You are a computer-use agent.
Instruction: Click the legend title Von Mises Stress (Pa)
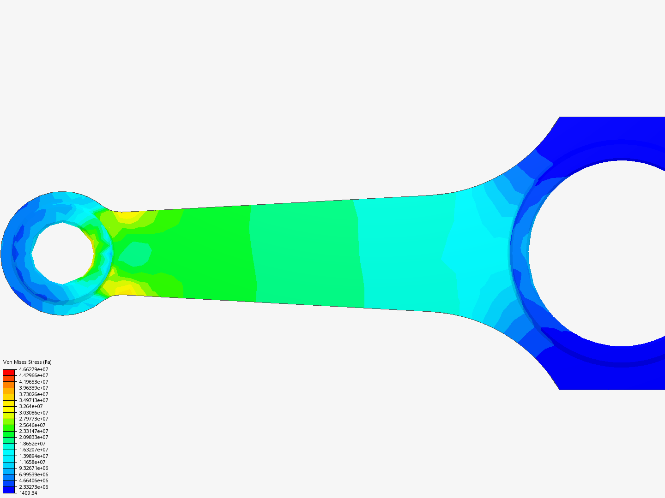pyautogui.click(x=27, y=362)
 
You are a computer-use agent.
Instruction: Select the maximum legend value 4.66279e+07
pyautogui.click(x=33, y=369)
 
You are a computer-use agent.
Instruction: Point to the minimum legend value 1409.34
pyautogui.click(x=28, y=493)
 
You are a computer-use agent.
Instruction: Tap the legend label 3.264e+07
pyautogui.click(x=30, y=406)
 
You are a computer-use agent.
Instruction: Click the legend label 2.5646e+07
pyautogui.click(x=32, y=425)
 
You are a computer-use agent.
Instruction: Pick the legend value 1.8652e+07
pyautogui.click(x=32, y=444)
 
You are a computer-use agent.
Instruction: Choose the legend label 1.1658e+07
pyautogui.click(x=32, y=462)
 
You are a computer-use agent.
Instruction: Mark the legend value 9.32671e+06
pyautogui.click(x=33, y=468)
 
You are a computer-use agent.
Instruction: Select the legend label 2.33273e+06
pyautogui.click(x=33, y=487)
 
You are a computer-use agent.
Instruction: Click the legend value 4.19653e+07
pyautogui.click(x=33, y=382)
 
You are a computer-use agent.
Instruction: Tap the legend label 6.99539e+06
pyautogui.click(x=33, y=474)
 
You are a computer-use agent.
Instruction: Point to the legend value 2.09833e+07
pyautogui.click(x=33, y=437)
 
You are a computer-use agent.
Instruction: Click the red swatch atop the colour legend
pyautogui.click(x=9, y=372)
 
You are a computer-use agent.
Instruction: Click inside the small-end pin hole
pyautogui.click(x=62, y=253)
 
